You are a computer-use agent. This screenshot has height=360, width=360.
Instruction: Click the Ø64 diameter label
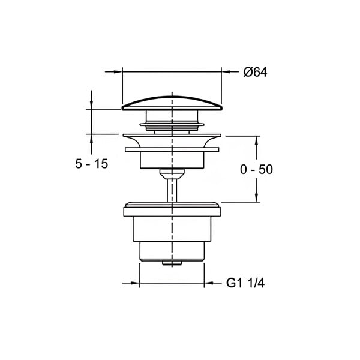tap(255, 73)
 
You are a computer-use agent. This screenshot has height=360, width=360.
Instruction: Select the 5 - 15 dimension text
tap(91, 164)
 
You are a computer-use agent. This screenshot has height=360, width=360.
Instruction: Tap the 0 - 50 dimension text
tap(256, 170)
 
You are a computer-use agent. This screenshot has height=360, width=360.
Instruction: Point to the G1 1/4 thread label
tap(245, 283)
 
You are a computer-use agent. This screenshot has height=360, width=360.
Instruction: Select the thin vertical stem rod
tap(172, 191)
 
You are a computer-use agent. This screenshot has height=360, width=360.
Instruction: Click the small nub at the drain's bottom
tap(172, 263)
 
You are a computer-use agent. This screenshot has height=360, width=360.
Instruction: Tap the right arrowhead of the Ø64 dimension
tap(226, 72)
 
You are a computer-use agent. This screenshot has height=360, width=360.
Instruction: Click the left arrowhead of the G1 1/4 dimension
tap(136, 283)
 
